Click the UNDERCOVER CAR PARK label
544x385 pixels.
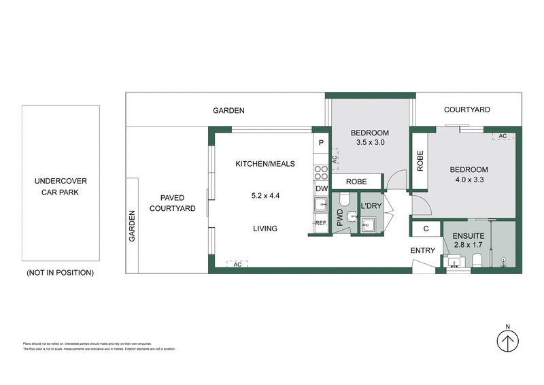click(61, 186)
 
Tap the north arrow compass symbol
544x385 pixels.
click(507, 339)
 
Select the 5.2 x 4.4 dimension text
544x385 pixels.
click(265, 196)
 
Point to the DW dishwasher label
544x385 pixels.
click(321, 189)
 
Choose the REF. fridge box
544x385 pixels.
click(320, 223)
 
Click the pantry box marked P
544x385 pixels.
click(321, 143)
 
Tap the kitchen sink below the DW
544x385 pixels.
click(320, 205)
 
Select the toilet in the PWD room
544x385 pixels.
click(344, 200)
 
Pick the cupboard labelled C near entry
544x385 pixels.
click(426, 229)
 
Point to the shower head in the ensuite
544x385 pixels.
click(503, 259)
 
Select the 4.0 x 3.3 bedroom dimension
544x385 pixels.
click(469, 180)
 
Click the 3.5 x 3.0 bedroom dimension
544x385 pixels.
click(370, 143)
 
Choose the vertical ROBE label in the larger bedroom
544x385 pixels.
click(421, 161)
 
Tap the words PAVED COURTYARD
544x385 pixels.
click(173, 203)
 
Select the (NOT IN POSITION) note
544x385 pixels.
click(60, 272)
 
